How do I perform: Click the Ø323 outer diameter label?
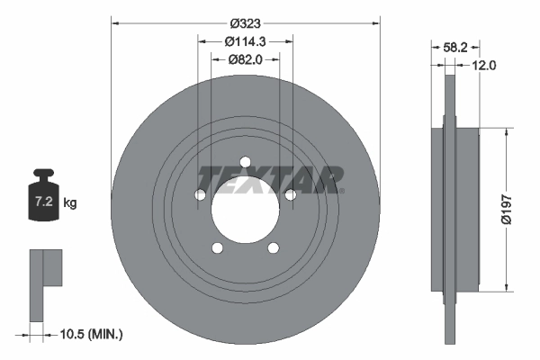click(x=245, y=23)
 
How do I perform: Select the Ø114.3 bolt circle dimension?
click(x=245, y=41)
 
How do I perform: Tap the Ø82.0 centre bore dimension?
click(x=245, y=60)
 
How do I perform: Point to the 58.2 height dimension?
click(x=454, y=47)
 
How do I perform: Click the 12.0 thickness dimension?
click(x=483, y=65)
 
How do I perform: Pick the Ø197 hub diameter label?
click(x=507, y=210)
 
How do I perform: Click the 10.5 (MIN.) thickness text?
click(x=91, y=334)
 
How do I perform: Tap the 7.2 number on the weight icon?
click(x=44, y=202)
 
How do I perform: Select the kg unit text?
click(x=70, y=202)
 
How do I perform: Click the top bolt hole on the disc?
click(x=245, y=162)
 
